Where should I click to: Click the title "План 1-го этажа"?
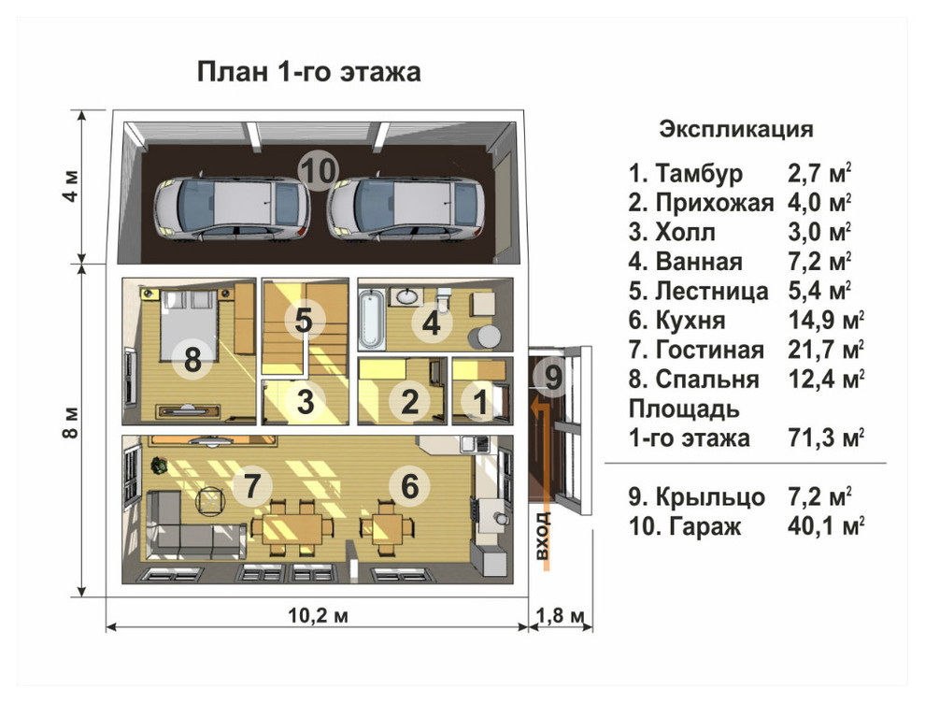(x=308, y=72)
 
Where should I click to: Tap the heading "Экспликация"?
(x=736, y=129)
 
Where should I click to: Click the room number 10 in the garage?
(x=318, y=170)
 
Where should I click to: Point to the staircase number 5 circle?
(x=303, y=321)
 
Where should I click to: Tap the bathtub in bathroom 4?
(x=370, y=319)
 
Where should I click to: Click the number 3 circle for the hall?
(x=305, y=402)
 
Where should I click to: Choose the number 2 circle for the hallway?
(x=408, y=402)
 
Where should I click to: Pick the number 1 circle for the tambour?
(x=480, y=402)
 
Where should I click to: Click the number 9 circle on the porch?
(x=553, y=378)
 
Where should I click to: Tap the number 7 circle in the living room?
(x=250, y=486)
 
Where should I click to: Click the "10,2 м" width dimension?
(x=315, y=614)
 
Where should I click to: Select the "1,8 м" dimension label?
(x=561, y=614)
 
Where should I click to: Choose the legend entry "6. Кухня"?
(x=677, y=321)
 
